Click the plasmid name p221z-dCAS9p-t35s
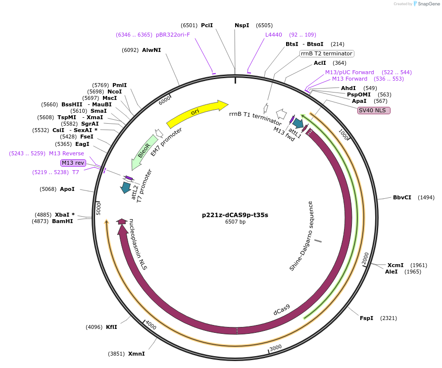(235, 215)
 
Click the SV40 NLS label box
(374, 110)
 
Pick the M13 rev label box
(73, 163)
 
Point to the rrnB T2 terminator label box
(327, 53)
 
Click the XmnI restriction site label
(136, 354)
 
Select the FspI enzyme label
(366, 318)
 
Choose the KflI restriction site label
(111, 327)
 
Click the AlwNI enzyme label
(151, 50)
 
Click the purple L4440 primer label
(273, 35)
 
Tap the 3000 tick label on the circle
(276, 347)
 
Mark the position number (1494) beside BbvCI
(426, 197)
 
